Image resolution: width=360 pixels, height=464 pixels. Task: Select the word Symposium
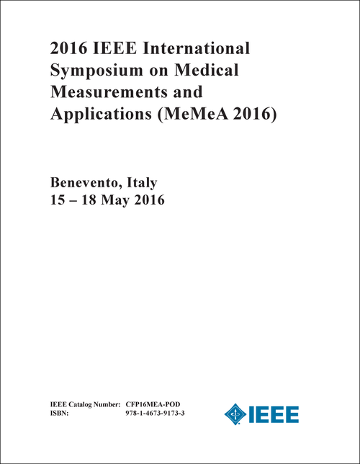click(86, 72)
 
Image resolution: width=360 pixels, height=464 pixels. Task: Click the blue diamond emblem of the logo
click(234, 414)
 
